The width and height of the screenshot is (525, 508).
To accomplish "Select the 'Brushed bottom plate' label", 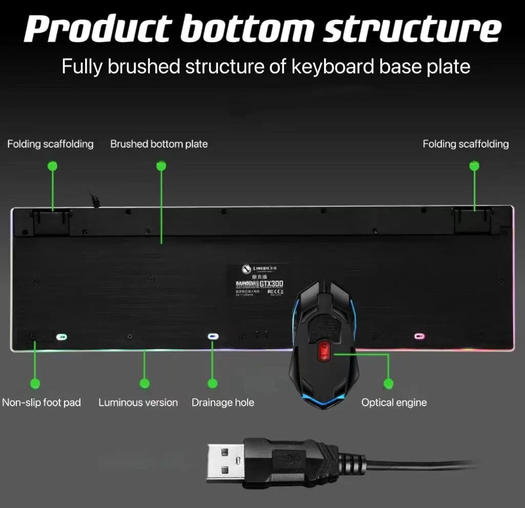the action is (x=159, y=144).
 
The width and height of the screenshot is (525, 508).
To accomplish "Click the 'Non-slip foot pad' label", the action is (x=42, y=403).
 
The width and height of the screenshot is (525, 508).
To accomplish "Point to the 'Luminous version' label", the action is (x=138, y=403).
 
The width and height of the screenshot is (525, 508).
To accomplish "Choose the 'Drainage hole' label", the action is (x=223, y=403).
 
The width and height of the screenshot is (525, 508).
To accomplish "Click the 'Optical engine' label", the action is (x=394, y=403).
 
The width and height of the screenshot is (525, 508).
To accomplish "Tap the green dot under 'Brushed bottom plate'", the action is (x=161, y=165).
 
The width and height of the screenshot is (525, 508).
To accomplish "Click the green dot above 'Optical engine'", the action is (x=389, y=383).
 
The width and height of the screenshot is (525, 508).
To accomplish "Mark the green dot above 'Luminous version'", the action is (x=145, y=383).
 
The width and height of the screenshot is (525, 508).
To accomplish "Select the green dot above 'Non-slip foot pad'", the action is (x=35, y=383).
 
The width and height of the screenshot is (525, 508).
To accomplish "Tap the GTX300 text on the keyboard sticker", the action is (x=271, y=284).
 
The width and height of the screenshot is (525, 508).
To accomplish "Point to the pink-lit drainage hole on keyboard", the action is (x=419, y=336).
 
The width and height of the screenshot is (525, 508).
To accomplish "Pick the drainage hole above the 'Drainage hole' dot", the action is (x=213, y=337).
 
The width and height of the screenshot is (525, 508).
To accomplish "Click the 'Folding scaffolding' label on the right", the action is (x=466, y=144).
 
